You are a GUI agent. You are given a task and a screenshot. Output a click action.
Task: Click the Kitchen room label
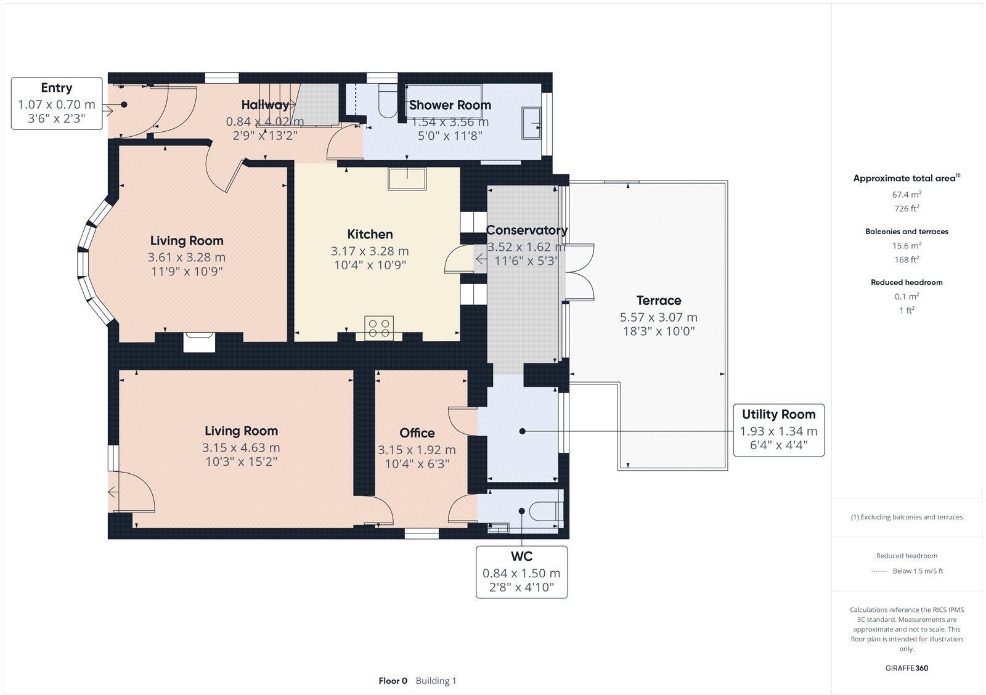370,234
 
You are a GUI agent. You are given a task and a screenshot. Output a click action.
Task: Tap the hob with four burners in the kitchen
379,327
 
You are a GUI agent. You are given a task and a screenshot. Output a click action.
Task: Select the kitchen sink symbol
407,178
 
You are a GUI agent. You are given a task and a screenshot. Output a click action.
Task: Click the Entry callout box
57,104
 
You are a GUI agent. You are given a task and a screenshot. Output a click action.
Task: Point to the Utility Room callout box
778,430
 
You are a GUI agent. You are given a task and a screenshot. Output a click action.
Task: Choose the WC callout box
521,572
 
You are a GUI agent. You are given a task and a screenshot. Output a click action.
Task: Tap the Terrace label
658,301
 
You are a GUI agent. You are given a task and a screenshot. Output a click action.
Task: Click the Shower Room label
450,105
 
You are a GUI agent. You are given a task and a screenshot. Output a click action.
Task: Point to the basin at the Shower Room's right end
531,123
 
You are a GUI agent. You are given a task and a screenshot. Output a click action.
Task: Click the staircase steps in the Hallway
277,105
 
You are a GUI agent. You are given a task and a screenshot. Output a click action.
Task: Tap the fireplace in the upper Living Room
199,341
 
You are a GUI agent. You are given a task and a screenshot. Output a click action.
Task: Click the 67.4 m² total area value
907,195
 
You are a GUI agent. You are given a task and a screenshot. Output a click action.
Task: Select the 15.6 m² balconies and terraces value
907,245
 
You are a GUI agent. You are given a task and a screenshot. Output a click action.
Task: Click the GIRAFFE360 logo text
907,668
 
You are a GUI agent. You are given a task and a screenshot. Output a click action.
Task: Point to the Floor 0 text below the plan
393,681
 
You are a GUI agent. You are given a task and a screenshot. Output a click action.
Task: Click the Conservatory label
526,230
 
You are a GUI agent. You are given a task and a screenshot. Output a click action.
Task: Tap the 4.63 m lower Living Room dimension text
241,448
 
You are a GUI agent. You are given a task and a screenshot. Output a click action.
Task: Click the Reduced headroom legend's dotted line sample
878,571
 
